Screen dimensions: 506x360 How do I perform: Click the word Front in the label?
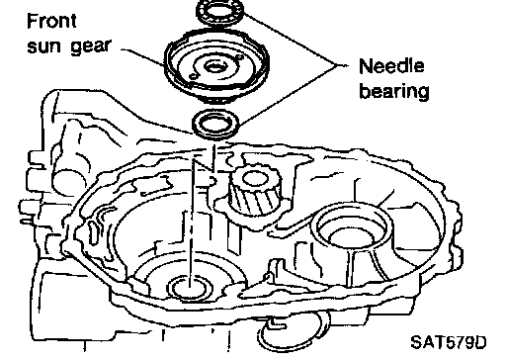51,21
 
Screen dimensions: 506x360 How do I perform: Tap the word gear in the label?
90,47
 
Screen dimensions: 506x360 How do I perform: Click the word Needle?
391,66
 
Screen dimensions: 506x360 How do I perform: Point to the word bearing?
394,90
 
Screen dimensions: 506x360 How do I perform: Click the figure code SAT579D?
449,342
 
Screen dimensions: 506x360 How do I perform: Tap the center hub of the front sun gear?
214,67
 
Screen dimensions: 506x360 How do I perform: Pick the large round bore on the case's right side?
352,227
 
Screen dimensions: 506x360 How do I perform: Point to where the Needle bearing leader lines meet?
337,65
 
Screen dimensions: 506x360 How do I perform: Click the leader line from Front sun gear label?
142,56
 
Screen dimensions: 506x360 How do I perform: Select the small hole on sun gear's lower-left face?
194,77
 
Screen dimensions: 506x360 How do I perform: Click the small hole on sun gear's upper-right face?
240,57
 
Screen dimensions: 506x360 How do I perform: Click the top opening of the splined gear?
255,179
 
